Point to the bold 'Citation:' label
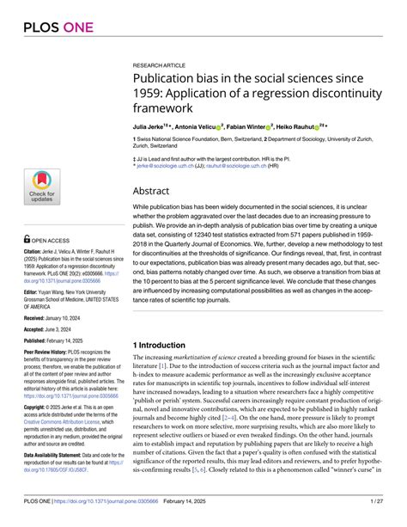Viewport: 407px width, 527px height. [x=36, y=250]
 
